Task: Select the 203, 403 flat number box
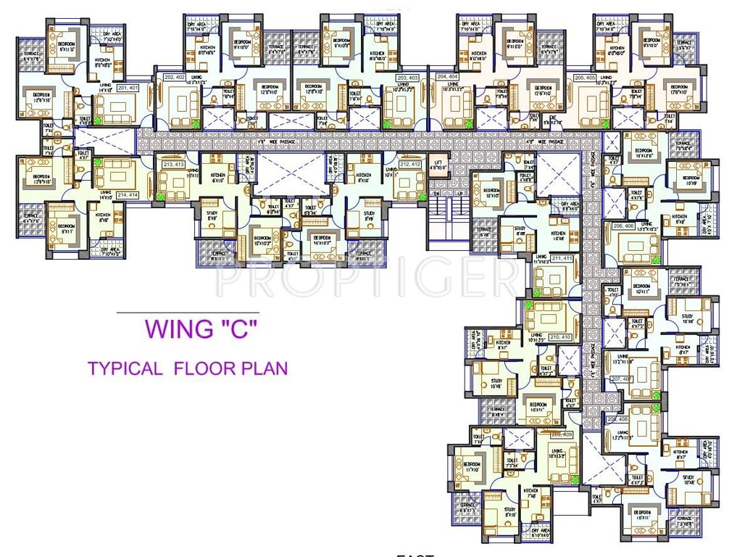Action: tap(408, 77)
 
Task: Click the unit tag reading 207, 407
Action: tap(622, 379)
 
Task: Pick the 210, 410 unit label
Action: tap(561, 337)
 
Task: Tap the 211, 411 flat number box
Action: tap(562, 258)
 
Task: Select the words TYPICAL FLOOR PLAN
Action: tap(188, 368)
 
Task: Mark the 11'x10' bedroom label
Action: tap(471, 466)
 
